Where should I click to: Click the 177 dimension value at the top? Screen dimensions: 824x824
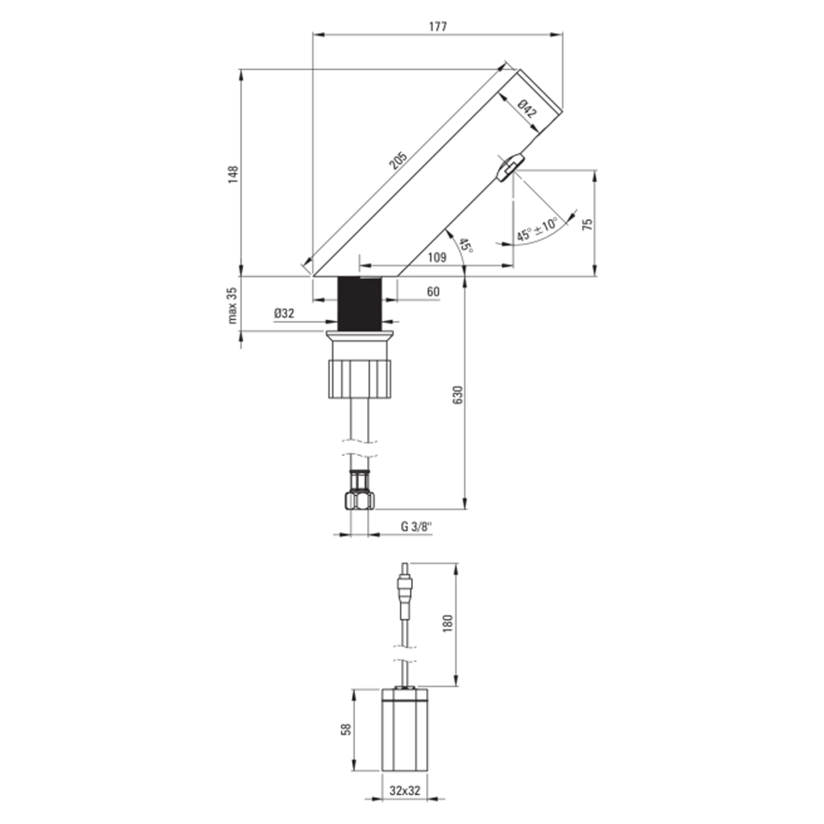(x=438, y=26)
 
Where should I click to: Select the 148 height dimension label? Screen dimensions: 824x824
(x=233, y=174)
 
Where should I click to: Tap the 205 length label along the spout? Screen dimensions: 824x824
(x=399, y=161)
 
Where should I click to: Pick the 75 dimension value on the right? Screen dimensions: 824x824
(x=588, y=223)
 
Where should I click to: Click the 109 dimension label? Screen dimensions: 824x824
(x=437, y=257)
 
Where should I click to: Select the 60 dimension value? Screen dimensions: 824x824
(x=433, y=292)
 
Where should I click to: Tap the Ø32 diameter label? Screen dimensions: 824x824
(x=284, y=314)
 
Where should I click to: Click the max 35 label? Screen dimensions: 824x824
(x=232, y=305)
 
